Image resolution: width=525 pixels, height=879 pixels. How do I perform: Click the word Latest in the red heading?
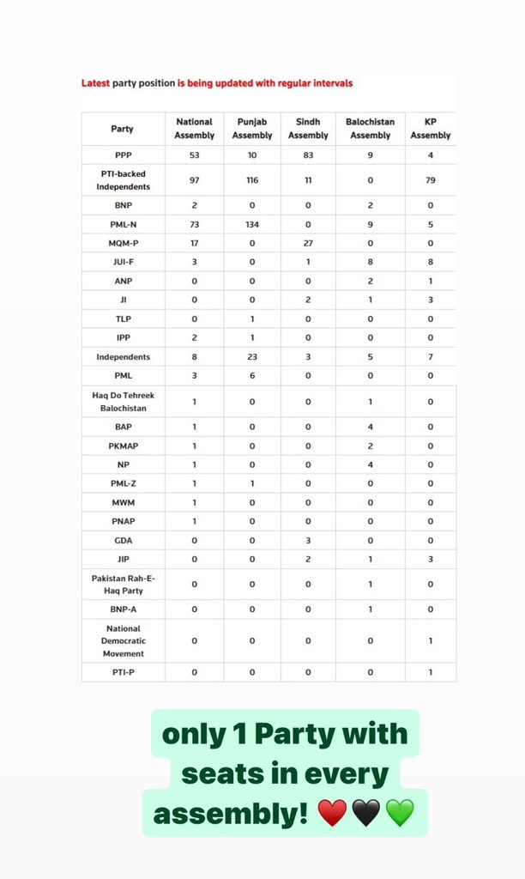[97, 83]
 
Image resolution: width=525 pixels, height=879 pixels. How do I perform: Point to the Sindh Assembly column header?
[308, 129]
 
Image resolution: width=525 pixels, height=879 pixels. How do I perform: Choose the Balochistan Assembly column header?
[370, 129]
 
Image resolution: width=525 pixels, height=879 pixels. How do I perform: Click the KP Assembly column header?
[430, 129]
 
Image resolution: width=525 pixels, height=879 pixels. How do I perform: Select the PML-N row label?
[123, 224]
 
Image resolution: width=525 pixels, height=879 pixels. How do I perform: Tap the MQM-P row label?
[123, 243]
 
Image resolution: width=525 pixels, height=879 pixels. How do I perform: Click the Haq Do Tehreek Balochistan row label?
[123, 401]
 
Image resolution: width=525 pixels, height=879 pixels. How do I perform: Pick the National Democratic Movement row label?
[123, 640]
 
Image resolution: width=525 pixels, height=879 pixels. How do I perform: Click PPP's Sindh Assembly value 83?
[308, 155]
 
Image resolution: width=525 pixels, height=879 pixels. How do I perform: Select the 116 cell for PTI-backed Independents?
[252, 180]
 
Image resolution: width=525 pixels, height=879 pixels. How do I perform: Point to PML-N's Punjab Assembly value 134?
[252, 224]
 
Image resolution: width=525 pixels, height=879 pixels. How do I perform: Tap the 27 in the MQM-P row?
[308, 243]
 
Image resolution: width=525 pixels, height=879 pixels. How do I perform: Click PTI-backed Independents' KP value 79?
[430, 180]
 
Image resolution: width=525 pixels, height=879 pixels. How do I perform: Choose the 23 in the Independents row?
[252, 356]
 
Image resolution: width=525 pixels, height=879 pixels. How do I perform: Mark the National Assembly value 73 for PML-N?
[194, 224]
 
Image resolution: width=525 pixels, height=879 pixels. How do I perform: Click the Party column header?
[123, 129]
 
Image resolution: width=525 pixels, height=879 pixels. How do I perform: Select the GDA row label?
[123, 541]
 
